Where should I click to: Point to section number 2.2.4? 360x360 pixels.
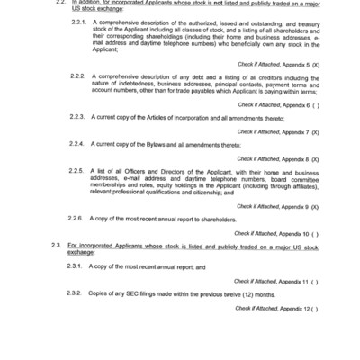[76, 144]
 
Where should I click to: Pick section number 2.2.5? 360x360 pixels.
[76, 171]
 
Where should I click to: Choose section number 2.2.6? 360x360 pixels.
[76, 219]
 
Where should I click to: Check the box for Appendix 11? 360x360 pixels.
[314, 281]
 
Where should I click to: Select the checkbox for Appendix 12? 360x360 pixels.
[314, 308]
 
